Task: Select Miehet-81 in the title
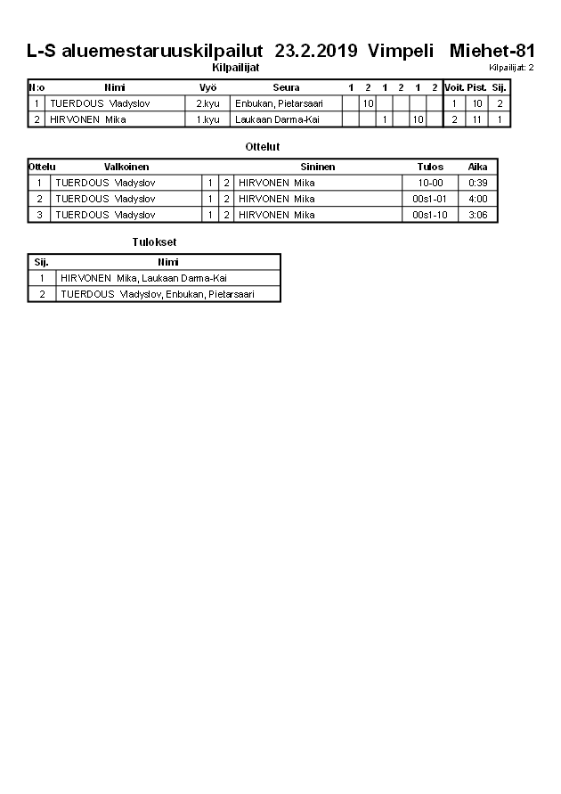(492, 52)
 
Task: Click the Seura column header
(286, 88)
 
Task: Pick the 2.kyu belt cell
(207, 104)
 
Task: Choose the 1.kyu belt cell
(207, 119)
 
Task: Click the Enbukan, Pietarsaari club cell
(278, 104)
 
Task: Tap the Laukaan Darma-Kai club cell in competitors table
(277, 119)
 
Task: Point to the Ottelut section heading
(262, 146)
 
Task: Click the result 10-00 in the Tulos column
(430, 184)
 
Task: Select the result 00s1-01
(430, 199)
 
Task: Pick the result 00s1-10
(430, 215)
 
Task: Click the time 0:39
(478, 184)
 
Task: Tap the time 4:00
(478, 199)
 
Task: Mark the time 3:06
(478, 215)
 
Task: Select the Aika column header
(478, 167)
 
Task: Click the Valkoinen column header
(126, 167)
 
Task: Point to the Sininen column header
(318, 167)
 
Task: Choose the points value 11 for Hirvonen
(477, 119)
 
